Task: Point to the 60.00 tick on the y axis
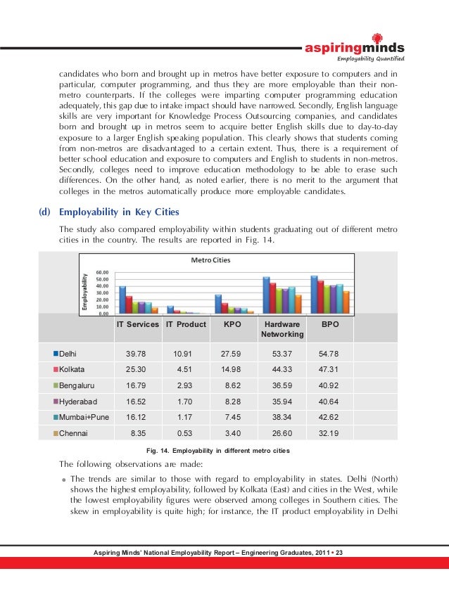click(x=102, y=271)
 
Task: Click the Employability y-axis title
click(x=85, y=292)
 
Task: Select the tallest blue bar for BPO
click(x=315, y=295)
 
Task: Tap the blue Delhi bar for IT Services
click(x=122, y=300)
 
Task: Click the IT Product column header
click(x=186, y=325)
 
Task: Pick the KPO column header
click(x=232, y=325)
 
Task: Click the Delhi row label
click(x=68, y=353)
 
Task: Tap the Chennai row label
click(x=73, y=434)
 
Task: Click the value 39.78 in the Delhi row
click(x=136, y=353)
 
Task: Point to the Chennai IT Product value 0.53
click(x=186, y=434)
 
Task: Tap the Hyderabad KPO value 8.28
click(x=234, y=402)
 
